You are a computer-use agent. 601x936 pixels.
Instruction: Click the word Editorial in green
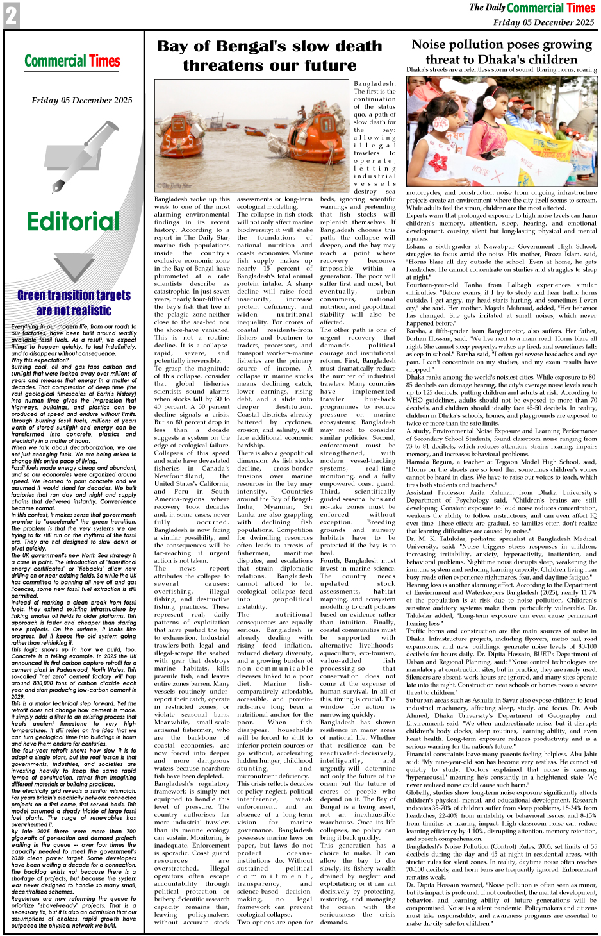pos(73,222)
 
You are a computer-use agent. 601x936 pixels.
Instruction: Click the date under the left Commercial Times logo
pos(81,100)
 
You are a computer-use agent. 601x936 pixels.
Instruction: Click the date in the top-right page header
pos(543,22)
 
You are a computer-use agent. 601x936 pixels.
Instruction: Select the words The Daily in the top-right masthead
pos(487,8)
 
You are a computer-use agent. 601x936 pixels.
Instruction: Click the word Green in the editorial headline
pos(39,296)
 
